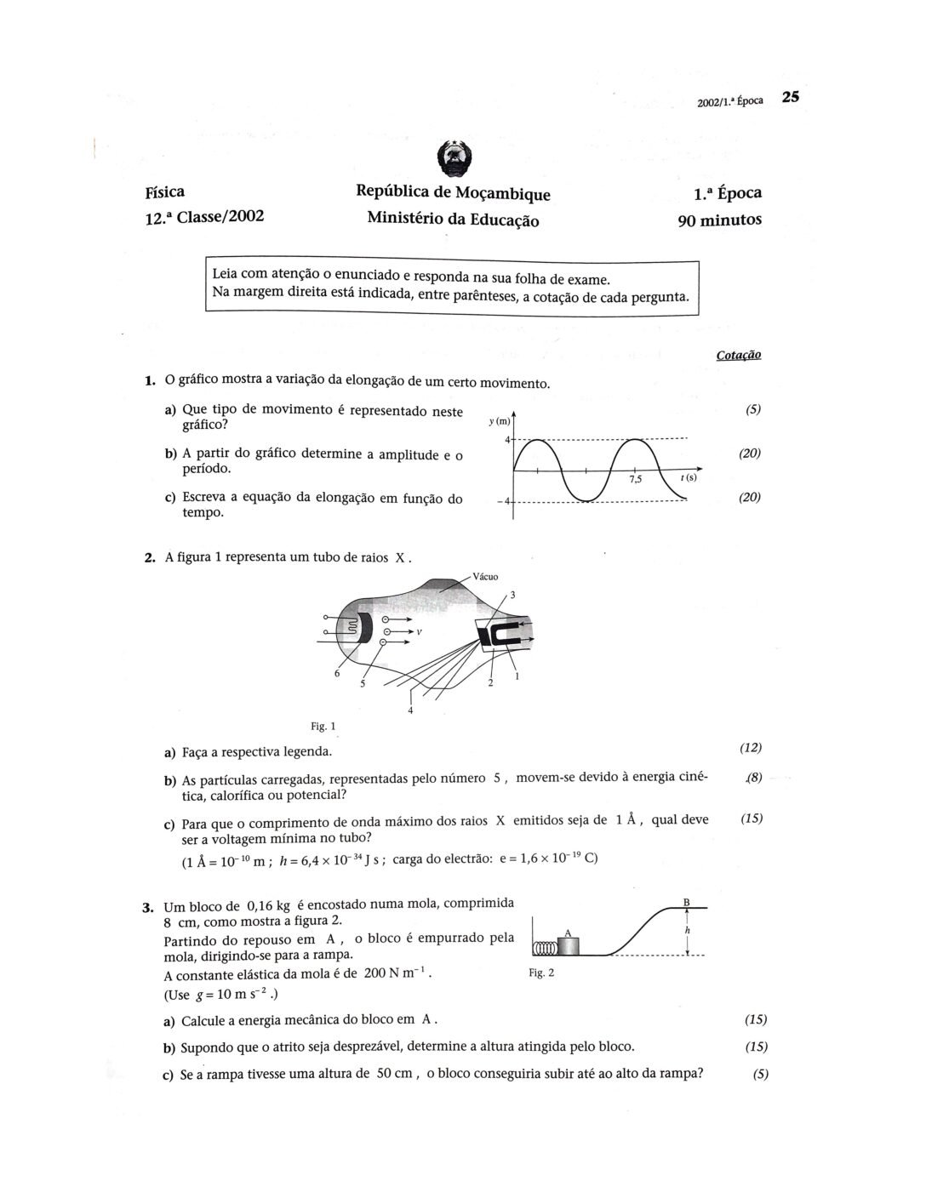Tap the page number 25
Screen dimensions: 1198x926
point(790,97)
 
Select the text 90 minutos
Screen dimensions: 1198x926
point(719,220)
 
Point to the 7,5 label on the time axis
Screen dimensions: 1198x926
point(635,480)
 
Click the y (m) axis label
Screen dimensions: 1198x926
point(500,421)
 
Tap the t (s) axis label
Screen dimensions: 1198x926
point(688,478)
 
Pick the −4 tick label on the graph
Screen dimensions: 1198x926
point(503,500)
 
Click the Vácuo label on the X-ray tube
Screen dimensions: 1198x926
point(485,576)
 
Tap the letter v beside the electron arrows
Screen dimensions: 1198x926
point(420,633)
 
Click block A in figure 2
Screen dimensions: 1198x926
point(567,944)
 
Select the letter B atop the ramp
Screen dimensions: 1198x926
point(686,902)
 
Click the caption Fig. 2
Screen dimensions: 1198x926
point(541,972)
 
